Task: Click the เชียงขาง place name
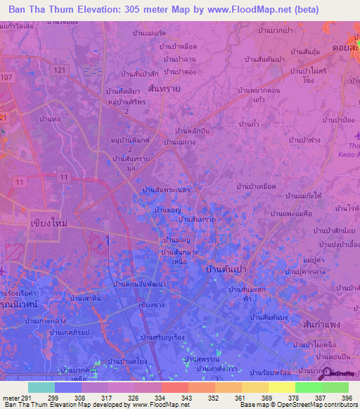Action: pyautogui.click(x=153, y=305)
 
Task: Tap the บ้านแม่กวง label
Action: pyautogui.click(x=181, y=142)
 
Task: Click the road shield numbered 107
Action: pyautogui.click(x=8, y=77)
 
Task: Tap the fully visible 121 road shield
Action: pyautogui.click(x=60, y=71)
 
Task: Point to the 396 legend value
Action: pyautogui.click(x=345, y=397)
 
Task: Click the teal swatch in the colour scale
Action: pyautogui.click(x=41, y=387)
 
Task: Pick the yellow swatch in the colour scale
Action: pyautogui.click(x=281, y=387)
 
